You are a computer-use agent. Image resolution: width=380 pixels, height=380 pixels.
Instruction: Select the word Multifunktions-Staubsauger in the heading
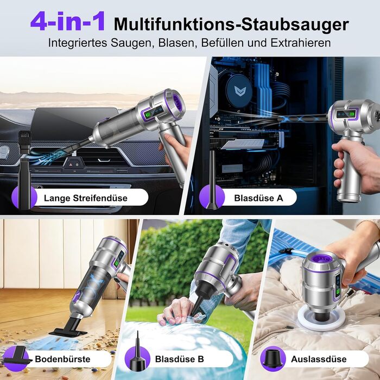[x=231, y=24]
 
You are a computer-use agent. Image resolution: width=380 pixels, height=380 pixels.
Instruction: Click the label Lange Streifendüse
[x=86, y=198]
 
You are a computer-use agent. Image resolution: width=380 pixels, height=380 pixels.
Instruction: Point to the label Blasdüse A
[x=258, y=198]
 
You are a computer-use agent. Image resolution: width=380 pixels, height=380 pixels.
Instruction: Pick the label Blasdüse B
[x=180, y=359]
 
